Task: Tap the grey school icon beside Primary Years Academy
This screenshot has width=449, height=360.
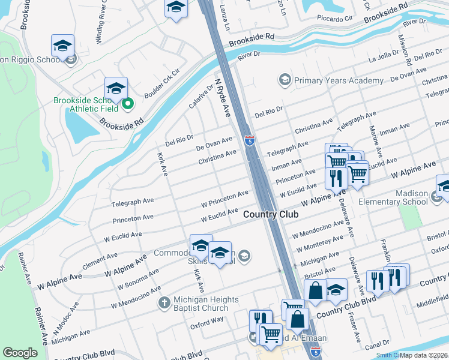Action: pos(284,80)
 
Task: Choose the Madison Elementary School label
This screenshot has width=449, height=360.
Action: pos(408,198)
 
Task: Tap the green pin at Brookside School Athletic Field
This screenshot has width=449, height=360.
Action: pos(127,105)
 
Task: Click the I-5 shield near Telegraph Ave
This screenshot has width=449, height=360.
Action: pos(250,141)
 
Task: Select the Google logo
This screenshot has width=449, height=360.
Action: pos(20,353)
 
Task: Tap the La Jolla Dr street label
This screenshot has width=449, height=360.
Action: pos(380,58)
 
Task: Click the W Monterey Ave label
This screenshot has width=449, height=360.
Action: pos(318,243)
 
